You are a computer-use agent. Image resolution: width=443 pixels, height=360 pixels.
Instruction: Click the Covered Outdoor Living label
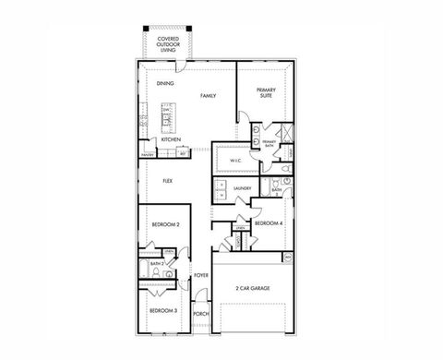168,42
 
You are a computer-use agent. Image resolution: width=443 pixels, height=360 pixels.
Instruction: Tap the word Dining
166,84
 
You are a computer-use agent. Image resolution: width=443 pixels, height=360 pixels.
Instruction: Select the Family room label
208,96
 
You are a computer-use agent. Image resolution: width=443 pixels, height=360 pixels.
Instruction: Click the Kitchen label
171,139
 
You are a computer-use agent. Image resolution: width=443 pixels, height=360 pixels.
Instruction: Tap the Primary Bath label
269,143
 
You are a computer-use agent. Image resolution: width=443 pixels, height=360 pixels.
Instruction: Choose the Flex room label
168,181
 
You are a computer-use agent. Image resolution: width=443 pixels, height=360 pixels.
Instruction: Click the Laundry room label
243,188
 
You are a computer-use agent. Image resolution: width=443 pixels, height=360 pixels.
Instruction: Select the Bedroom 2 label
166,224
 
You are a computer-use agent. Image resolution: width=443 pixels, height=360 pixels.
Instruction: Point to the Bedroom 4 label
268,223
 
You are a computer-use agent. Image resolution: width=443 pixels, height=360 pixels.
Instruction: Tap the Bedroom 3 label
163,311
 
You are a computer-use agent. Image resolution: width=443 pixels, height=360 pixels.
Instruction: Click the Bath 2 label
156,264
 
